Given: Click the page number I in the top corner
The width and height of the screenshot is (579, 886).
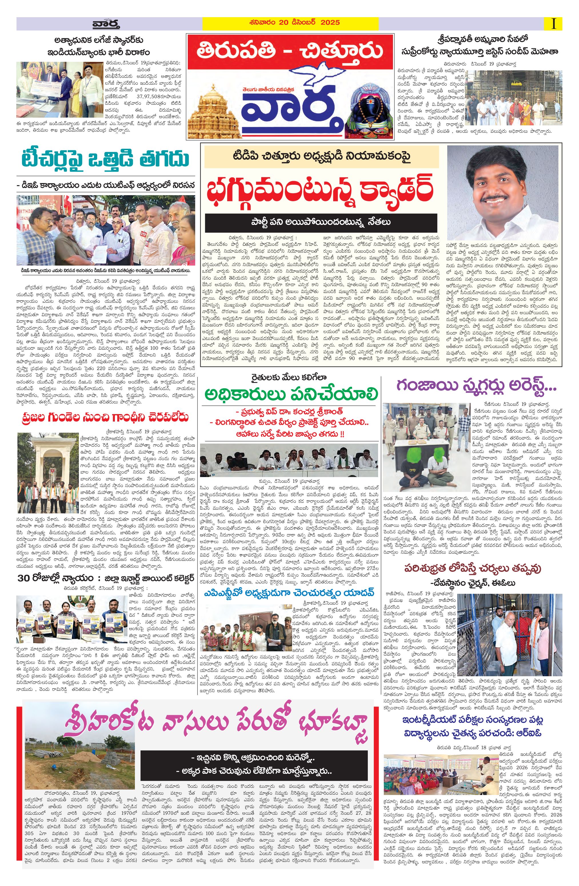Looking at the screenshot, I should click(554, 24).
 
